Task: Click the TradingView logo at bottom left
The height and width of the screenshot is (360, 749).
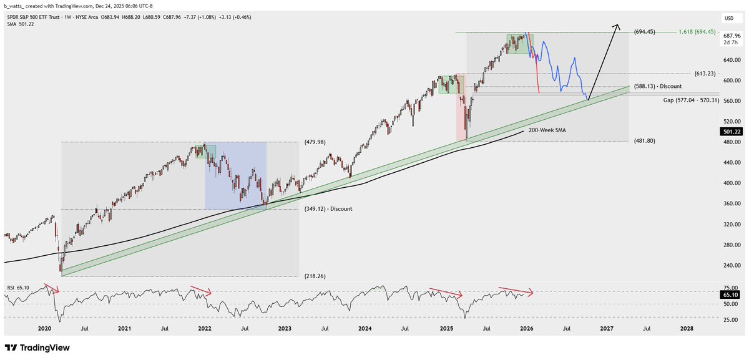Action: coord(37,348)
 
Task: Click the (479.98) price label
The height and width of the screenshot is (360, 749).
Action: coord(316,142)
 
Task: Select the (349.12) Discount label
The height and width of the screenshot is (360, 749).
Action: coord(327,209)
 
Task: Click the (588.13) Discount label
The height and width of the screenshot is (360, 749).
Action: coord(658,86)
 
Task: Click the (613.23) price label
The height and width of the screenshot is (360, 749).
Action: coord(645,73)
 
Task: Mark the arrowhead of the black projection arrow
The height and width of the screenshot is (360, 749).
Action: coord(618,26)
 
